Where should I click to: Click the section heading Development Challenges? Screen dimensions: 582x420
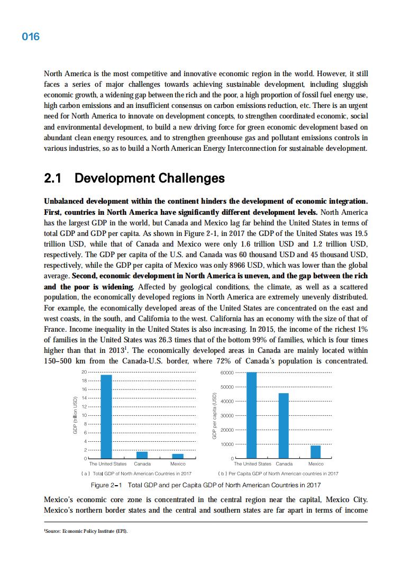(135, 178)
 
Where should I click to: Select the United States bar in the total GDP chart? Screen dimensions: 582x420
(106, 416)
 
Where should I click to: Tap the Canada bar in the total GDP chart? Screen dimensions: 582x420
(142, 454)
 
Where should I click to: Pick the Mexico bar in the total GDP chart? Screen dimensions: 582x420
(178, 456)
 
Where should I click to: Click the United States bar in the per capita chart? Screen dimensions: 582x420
(252, 415)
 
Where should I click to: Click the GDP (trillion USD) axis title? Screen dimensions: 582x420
(75, 415)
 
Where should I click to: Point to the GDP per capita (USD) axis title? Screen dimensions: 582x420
(215, 415)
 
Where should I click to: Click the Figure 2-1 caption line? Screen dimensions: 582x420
(206, 485)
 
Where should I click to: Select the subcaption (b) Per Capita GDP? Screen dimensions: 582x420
(278, 474)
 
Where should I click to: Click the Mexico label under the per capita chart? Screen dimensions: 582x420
(316, 464)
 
